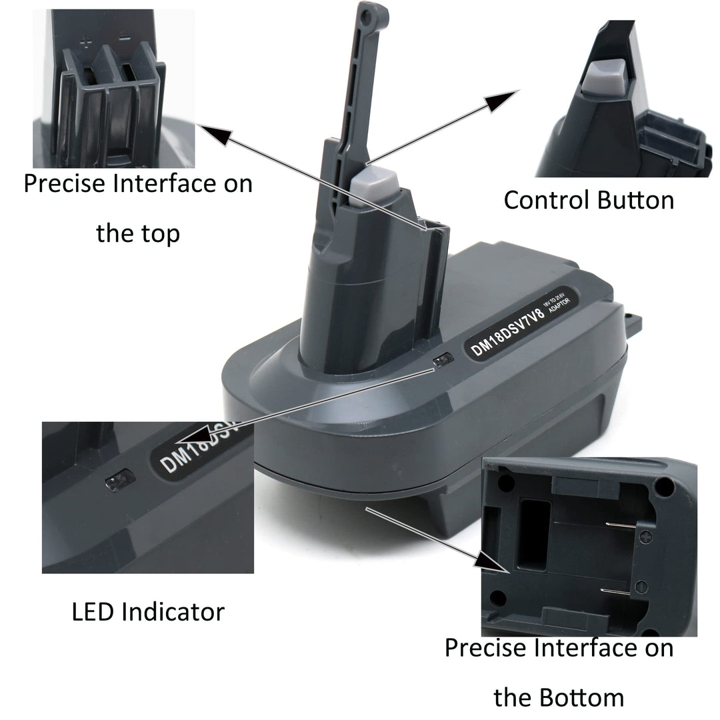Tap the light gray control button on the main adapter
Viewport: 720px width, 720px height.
(375, 181)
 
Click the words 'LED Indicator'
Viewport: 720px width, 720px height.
(148, 611)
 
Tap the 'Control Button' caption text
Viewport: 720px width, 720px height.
(589, 200)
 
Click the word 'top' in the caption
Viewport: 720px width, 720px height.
(159, 234)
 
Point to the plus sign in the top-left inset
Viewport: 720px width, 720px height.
(85, 42)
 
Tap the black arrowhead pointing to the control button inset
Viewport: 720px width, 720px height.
(505, 102)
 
